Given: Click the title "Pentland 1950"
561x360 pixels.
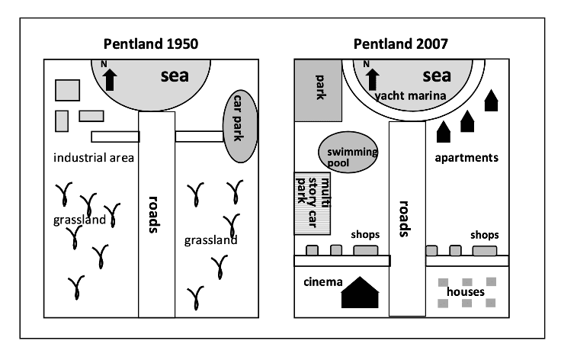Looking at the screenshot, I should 151,44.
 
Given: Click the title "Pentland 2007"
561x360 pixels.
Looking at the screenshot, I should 401,44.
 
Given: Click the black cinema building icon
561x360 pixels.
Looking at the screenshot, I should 360,292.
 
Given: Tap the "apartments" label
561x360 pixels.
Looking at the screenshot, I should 466,158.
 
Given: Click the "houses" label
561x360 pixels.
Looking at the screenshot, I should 466,292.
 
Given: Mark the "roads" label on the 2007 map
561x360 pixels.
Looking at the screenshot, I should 406,220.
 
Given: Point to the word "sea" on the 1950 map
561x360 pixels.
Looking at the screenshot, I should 175,76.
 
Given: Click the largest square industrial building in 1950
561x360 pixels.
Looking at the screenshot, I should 68,89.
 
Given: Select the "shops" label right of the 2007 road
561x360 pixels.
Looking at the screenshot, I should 484,235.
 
